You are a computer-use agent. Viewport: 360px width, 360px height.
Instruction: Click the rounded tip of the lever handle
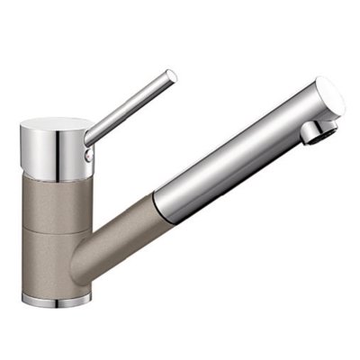point(171,76)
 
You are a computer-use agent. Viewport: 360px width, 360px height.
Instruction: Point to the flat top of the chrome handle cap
point(56,123)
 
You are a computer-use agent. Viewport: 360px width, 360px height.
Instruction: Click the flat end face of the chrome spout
point(330,98)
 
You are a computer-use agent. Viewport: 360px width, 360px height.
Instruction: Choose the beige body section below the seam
point(54,261)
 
